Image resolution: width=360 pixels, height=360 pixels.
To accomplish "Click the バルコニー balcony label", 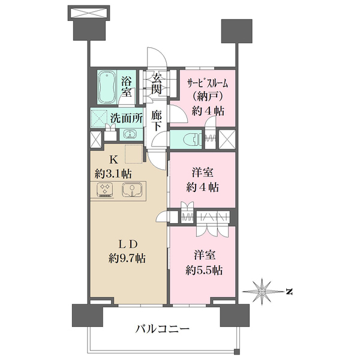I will point(162,329).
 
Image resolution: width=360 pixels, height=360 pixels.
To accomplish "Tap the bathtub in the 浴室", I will point(109,86).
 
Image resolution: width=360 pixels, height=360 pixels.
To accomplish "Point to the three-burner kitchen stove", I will point(106,191).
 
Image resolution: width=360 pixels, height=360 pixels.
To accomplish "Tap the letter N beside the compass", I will point(289,292).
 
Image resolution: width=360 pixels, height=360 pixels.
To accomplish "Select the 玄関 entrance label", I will point(157,84).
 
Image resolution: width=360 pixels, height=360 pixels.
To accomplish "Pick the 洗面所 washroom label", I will point(126,118).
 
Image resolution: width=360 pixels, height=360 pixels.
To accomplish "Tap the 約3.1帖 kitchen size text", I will point(115,174).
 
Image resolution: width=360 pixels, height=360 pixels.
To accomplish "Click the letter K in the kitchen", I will point(112,160).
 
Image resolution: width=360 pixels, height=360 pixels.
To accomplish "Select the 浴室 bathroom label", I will point(127,86).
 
